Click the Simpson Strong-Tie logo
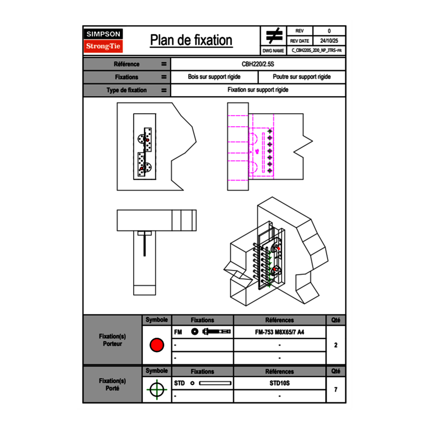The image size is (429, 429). point(103,40)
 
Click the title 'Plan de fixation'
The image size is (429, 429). point(191,40)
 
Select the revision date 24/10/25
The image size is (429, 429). point(329,41)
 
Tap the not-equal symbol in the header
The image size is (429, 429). point(274,36)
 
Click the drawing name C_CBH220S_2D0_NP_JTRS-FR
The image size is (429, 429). point(316,50)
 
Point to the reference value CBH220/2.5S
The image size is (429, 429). point(258,64)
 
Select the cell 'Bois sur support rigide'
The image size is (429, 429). point(214,77)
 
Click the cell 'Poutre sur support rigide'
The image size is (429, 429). point(302,77)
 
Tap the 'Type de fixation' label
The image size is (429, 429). point(126,90)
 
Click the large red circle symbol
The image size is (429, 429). point(156,345)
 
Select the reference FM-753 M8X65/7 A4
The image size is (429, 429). point(279,332)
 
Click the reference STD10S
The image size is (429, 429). point(279,383)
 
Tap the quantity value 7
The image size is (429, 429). point(335,390)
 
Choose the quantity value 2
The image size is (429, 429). point(335,345)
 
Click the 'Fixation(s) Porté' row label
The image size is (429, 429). point(112,385)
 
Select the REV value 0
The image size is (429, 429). point(329,31)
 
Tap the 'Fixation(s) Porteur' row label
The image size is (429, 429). point(112,340)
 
